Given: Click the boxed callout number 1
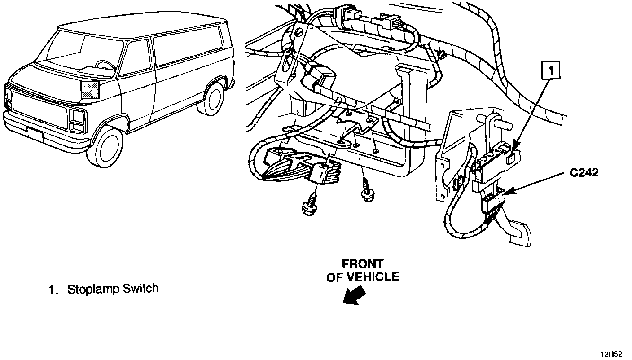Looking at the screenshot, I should pyautogui.click(x=552, y=70).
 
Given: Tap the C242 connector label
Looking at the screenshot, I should pyautogui.click(x=584, y=172).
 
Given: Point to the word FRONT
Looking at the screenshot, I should pyautogui.click(x=362, y=263).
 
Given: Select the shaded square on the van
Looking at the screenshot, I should pyautogui.click(x=90, y=90).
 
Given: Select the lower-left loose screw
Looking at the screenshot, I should pyautogui.click(x=309, y=207).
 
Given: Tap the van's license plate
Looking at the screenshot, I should pyautogui.click(x=35, y=134).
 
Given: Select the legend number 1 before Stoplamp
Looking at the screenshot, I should pyautogui.click(x=53, y=290).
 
